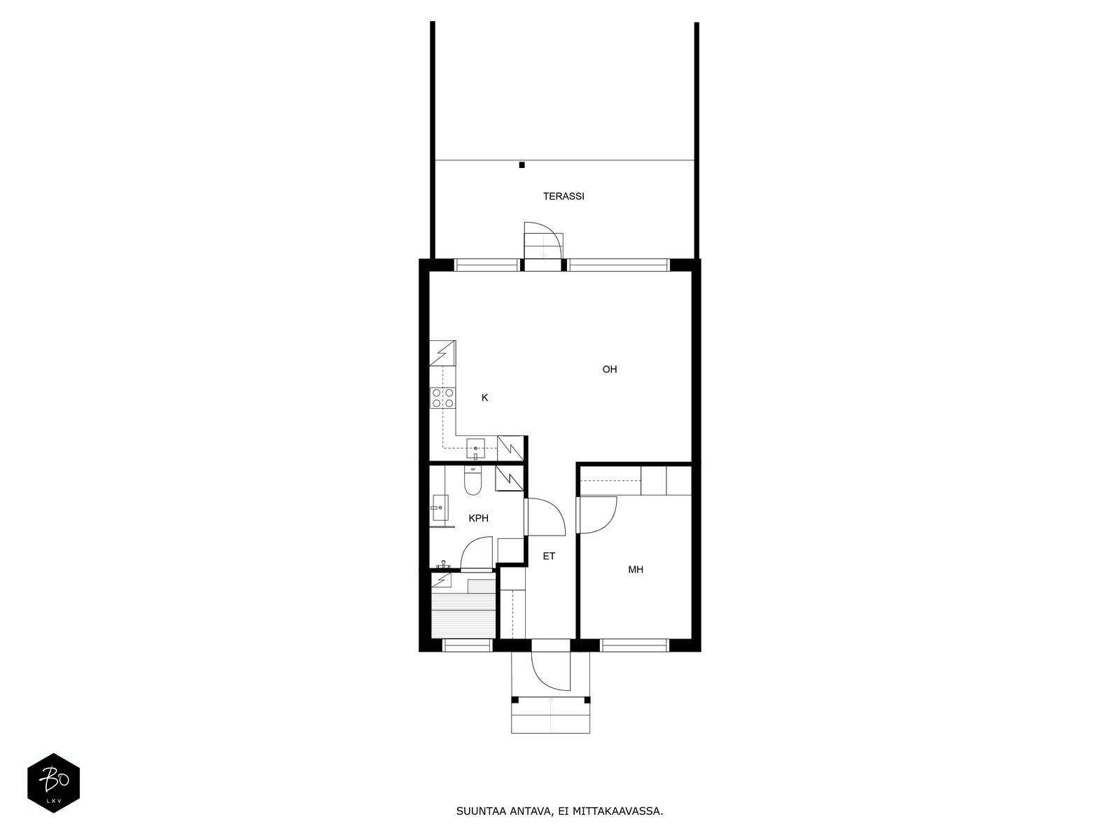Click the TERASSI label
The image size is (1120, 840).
563,197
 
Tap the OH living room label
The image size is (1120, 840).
610,370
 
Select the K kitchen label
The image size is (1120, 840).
484,398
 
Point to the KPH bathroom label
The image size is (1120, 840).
479,518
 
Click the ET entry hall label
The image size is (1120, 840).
549,556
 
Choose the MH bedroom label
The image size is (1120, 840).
636,570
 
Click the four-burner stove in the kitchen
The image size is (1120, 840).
443,398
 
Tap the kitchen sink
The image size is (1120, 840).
475,449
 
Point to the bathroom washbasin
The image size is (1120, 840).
440,508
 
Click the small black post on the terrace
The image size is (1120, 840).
521,165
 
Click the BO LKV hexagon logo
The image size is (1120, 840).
54,783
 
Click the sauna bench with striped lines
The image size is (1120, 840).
463,615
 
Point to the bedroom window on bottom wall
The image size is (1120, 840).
634,645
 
